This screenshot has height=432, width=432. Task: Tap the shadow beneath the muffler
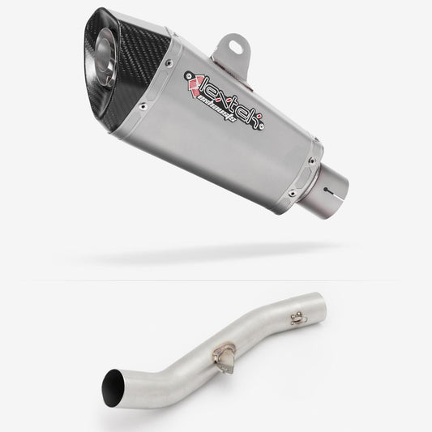tap(219, 258)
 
